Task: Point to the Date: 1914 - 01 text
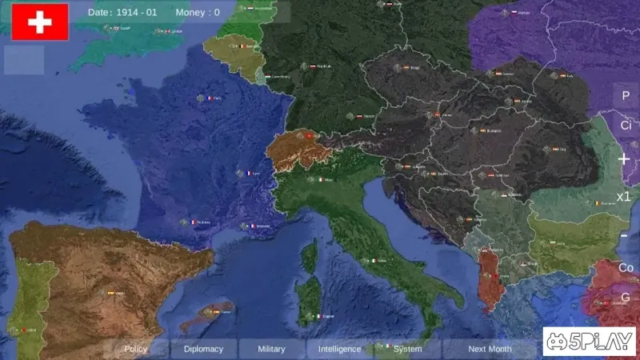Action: tap(122, 13)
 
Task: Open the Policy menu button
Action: tap(136, 349)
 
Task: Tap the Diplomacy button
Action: tap(203, 349)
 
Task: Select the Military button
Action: tap(271, 349)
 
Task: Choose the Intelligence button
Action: tap(340, 349)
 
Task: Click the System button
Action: tap(408, 349)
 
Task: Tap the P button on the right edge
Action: tap(626, 96)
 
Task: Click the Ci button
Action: tap(626, 126)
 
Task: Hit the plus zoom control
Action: tap(624, 159)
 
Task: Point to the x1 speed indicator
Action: tap(624, 197)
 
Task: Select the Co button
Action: tap(626, 267)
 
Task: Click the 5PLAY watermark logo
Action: tap(589, 342)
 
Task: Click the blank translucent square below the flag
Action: tap(24, 60)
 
